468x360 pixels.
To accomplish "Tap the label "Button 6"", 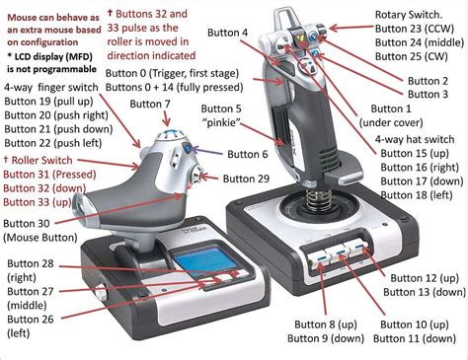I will click(x=251, y=155).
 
